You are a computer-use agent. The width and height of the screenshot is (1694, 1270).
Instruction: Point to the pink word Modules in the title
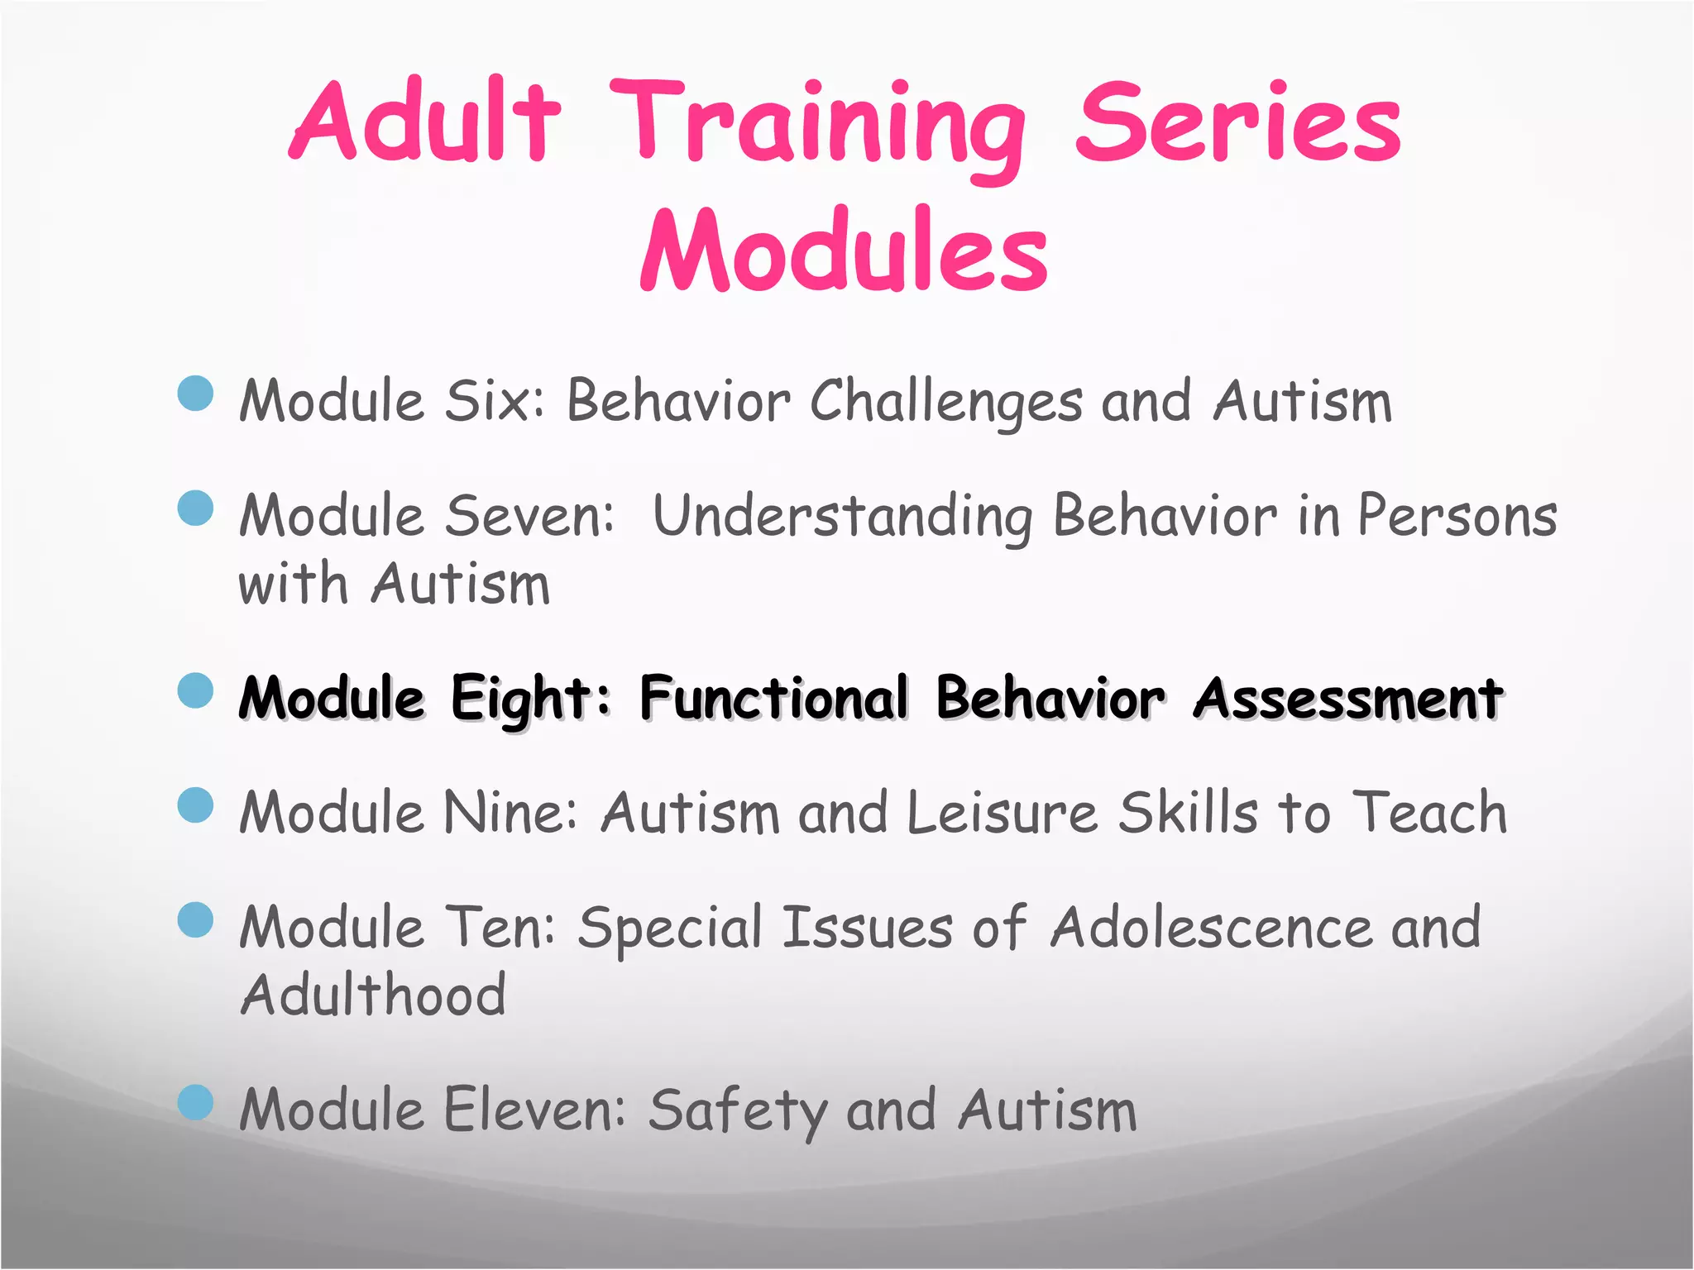click(x=844, y=251)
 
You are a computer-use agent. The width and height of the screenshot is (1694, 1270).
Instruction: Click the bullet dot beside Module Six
click(x=196, y=393)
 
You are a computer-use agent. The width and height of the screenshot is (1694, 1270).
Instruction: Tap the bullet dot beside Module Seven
click(x=196, y=508)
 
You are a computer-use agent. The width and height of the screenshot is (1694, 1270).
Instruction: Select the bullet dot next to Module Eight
click(x=196, y=690)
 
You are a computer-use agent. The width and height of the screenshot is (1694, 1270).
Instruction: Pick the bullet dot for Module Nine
click(x=196, y=804)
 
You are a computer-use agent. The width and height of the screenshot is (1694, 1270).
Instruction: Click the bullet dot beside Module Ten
click(x=196, y=919)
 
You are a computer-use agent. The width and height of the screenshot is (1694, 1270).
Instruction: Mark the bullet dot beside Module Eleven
click(x=196, y=1101)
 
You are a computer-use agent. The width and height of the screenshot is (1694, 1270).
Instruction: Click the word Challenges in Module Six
click(x=945, y=403)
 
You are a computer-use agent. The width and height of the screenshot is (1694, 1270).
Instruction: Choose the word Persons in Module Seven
click(x=1457, y=516)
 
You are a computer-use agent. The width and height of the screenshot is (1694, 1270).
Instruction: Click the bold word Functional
click(x=774, y=699)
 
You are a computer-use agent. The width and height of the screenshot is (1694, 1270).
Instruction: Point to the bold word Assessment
click(x=1347, y=699)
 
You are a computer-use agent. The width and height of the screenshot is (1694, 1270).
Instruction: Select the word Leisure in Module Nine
click(x=1002, y=813)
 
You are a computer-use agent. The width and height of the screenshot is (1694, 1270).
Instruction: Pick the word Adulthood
click(x=373, y=995)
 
